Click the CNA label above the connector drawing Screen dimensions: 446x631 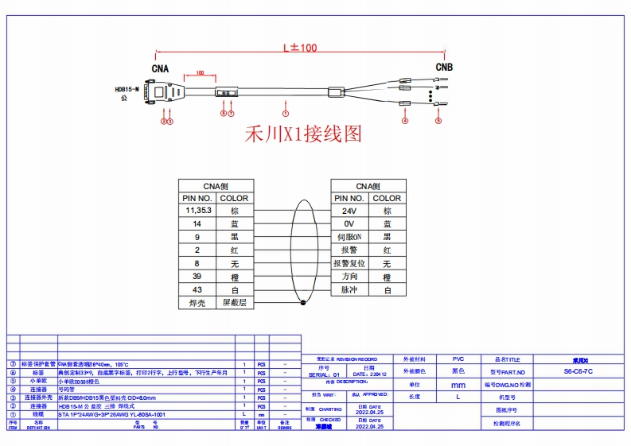[160, 68]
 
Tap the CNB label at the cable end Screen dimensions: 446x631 [444, 68]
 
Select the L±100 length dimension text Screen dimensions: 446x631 [300, 48]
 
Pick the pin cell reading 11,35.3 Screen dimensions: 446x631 [197, 211]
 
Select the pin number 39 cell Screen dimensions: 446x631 [197, 277]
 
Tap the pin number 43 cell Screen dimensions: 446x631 [197, 290]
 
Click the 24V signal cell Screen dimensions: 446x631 [349, 211]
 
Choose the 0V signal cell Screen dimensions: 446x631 [349, 224]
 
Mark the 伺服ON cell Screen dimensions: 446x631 [349, 237]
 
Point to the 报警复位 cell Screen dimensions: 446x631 [349, 264]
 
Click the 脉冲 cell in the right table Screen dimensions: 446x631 [349, 290]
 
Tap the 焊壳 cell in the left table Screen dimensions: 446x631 [197, 303]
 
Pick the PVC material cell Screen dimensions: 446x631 [458, 359]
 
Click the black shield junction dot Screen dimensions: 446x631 [302, 303]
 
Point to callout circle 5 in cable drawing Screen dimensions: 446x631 [438, 121]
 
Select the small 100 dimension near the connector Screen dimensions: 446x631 [200, 73]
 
